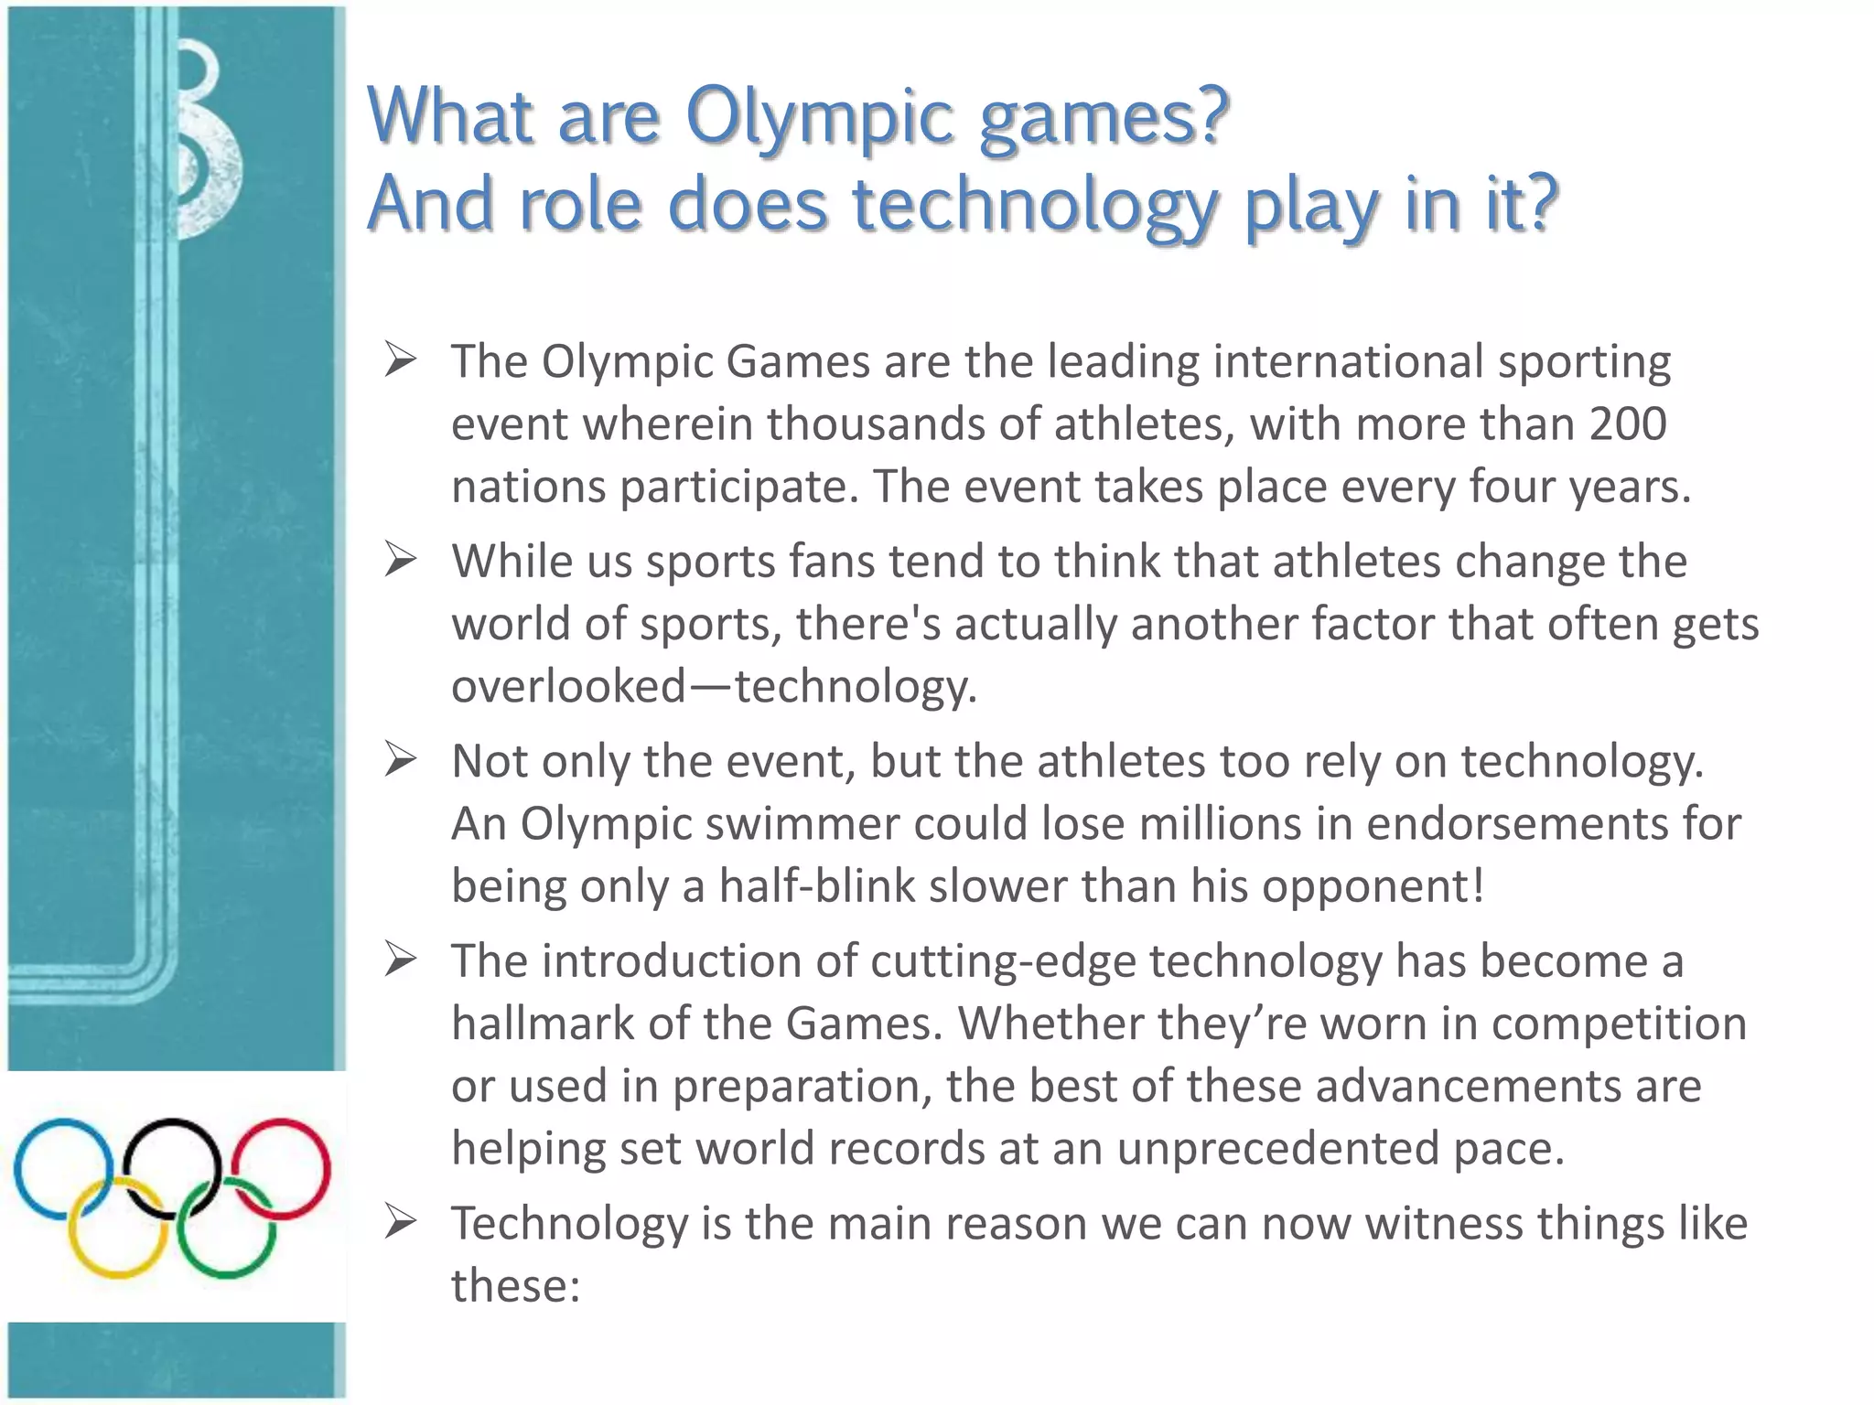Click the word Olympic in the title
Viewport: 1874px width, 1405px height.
click(x=820, y=117)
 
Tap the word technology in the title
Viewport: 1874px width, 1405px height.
click(x=1034, y=205)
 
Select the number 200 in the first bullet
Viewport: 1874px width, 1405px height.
click(x=1628, y=424)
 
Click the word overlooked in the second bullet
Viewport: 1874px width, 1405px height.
click(x=568, y=686)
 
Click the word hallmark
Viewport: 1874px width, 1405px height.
click(x=543, y=1023)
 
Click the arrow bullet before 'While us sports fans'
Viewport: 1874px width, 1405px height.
click(x=401, y=559)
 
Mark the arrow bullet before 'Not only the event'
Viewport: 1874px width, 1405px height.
click(x=401, y=759)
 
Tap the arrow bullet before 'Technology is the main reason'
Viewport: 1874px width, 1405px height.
click(x=401, y=1221)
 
